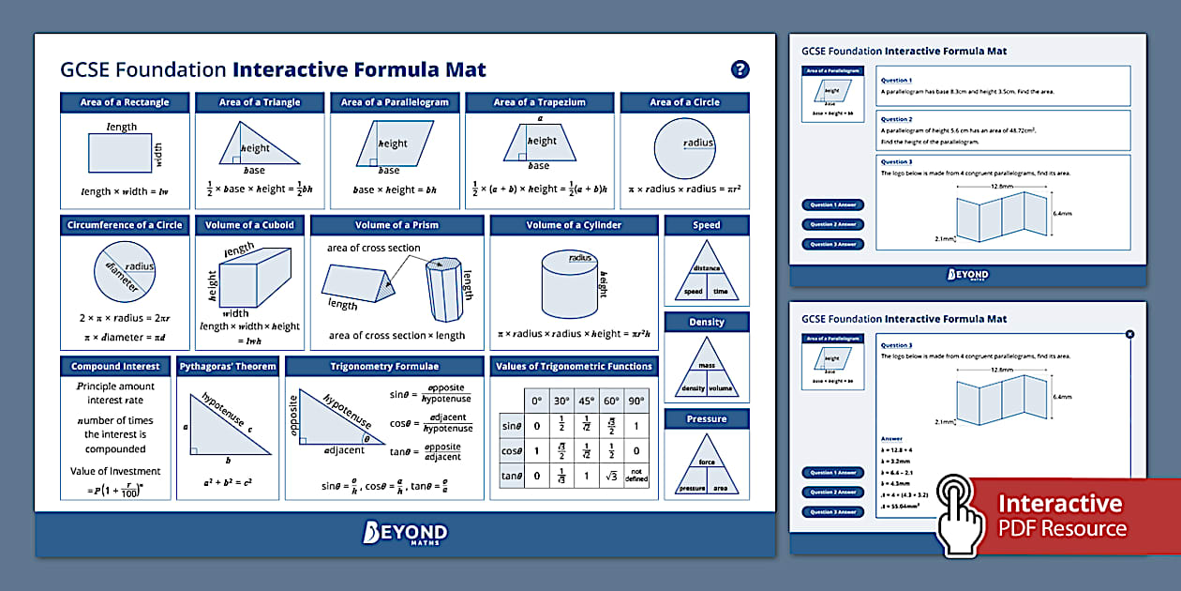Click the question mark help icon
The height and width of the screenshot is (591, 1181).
(740, 69)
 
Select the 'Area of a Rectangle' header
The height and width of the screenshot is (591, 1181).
(125, 102)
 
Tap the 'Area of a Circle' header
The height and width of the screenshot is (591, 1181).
(684, 102)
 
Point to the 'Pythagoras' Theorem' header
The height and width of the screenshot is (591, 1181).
(228, 366)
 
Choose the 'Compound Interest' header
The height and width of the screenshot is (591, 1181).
(115, 366)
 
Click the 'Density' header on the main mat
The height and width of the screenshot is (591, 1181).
(707, 322)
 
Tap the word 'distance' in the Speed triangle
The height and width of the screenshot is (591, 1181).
(707, 268)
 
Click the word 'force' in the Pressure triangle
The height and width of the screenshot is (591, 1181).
(707, 462)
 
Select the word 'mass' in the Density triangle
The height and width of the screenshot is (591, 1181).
(707, 366)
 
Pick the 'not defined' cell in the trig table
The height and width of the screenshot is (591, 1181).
(637, 476)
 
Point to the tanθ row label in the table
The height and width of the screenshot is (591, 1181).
(512, 476)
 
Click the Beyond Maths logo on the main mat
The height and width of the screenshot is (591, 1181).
(405, 534)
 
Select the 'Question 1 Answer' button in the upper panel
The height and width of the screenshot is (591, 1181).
(832, 205)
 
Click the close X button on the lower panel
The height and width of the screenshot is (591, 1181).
(1129, 334)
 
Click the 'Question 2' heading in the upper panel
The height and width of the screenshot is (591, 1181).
(896, 119)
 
